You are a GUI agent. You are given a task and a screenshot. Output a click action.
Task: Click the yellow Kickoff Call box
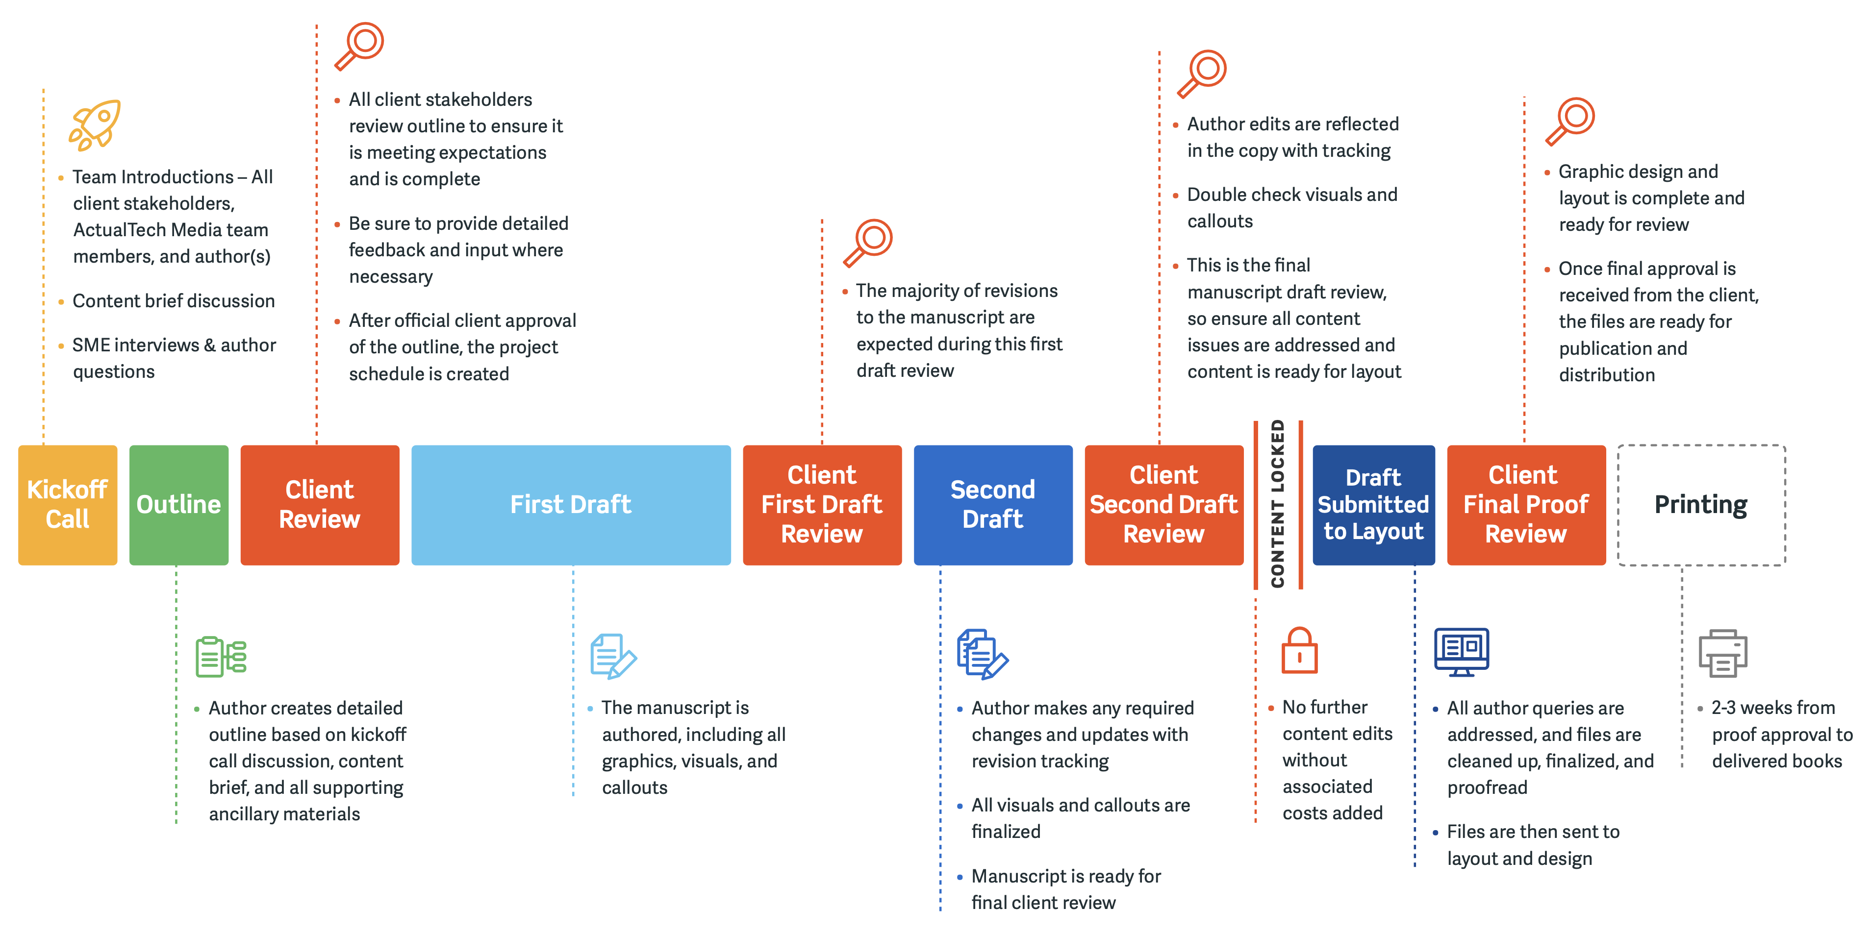68,505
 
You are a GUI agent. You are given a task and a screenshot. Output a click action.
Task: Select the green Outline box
178,505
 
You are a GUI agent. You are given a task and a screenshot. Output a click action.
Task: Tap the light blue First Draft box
571,505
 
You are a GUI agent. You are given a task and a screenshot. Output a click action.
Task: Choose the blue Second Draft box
993,505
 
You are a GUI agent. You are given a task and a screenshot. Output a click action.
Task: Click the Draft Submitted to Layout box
1373,505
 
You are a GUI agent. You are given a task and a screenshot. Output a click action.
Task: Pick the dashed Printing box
1701,505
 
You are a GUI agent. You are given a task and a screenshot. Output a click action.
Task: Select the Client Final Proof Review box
1526,505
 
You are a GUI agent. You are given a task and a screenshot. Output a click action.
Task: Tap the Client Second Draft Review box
1163,505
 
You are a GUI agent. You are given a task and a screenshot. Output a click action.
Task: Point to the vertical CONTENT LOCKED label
1278,504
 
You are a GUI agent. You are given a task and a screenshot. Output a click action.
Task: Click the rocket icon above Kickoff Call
95,125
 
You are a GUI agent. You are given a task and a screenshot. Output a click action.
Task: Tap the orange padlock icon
1299,651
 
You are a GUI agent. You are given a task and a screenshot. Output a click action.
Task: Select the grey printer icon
1723,654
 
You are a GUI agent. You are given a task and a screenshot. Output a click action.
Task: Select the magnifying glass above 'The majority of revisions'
867,243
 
